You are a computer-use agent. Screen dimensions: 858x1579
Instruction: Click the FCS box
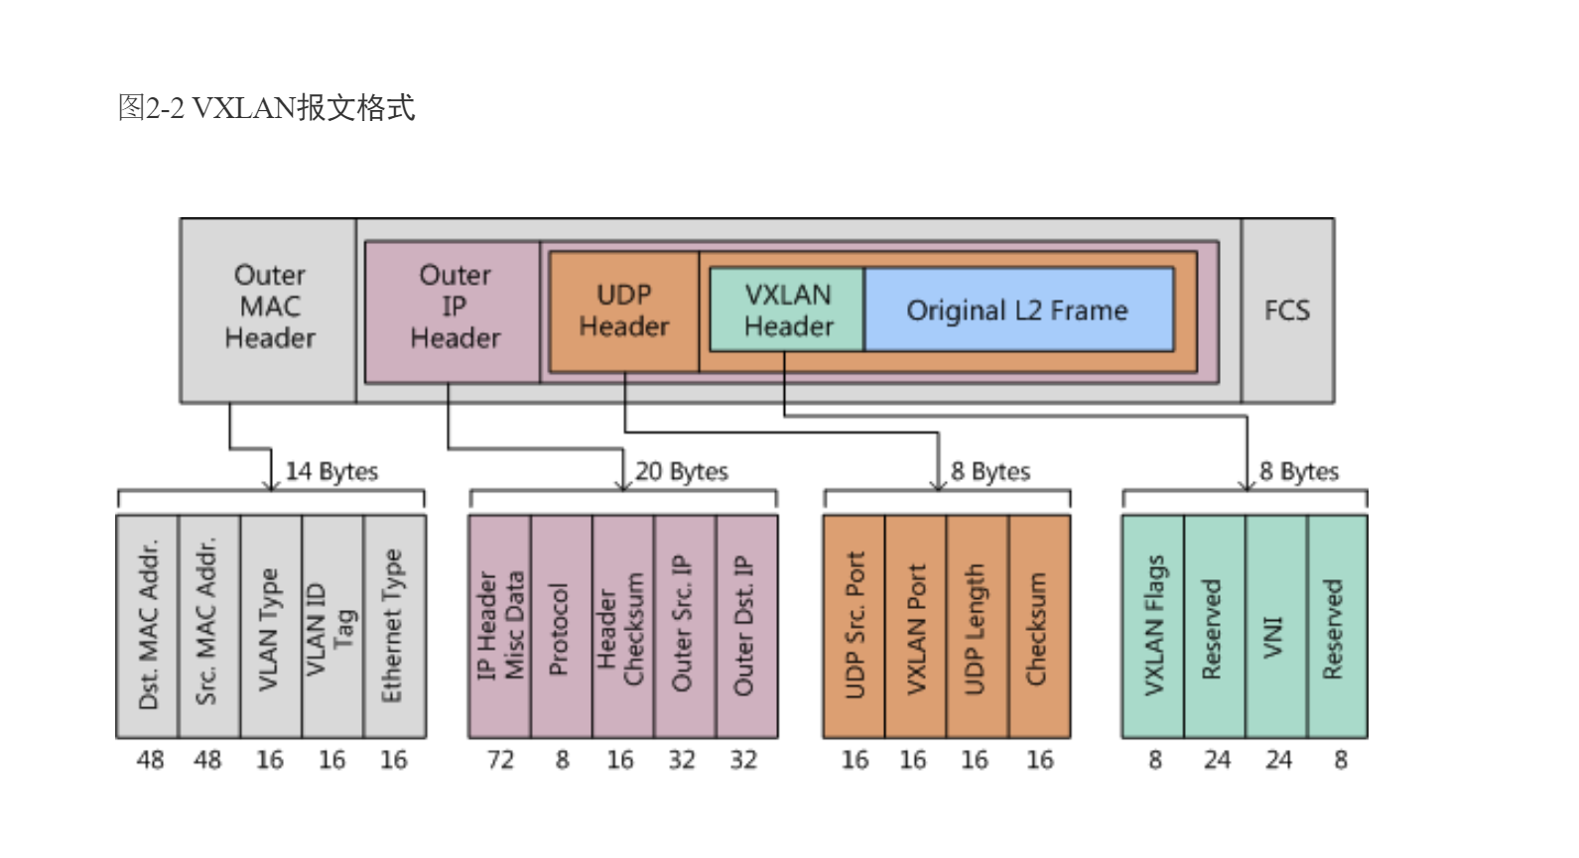point(1287,310)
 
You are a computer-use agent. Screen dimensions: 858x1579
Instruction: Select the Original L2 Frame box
point(1018,309)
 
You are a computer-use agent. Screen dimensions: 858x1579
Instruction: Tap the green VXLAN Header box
point(787,309)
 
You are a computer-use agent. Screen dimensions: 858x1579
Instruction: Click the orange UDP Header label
point(624,310)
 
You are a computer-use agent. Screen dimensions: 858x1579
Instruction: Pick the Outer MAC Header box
point(269,306)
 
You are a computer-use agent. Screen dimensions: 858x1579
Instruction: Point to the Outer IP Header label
point(455,306)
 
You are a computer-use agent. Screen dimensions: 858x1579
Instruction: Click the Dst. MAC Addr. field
point(148,626)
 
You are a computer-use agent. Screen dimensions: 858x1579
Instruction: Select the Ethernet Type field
point(394,626)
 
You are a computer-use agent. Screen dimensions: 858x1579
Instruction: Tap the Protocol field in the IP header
point(561,626)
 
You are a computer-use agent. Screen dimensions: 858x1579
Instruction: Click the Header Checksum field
point(622,626)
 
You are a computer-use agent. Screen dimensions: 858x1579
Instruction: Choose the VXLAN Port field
point(915,626)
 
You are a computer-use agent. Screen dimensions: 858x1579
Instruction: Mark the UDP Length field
point(977,626)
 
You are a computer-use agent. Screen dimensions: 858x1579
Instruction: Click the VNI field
point(1275,626)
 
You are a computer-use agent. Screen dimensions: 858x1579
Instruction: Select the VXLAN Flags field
point(1153,626)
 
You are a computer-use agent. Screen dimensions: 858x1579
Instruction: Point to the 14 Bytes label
point(331,471)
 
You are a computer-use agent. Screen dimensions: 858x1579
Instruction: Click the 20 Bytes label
point(682,471)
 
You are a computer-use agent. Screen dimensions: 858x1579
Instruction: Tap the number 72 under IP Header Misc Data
point(500,760)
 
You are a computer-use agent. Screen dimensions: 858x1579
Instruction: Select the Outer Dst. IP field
point(745,626)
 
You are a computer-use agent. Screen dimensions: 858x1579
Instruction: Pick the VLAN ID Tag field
point(331,626)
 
